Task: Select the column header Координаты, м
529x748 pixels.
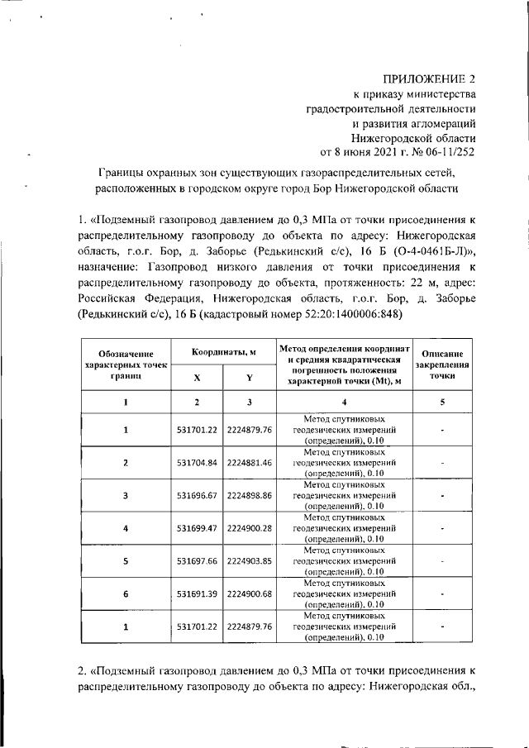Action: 224,353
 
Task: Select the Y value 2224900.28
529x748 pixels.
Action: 249,528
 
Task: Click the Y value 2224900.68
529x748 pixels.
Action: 249,593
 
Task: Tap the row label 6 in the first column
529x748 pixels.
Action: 126,593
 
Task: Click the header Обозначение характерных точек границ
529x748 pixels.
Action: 126,364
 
